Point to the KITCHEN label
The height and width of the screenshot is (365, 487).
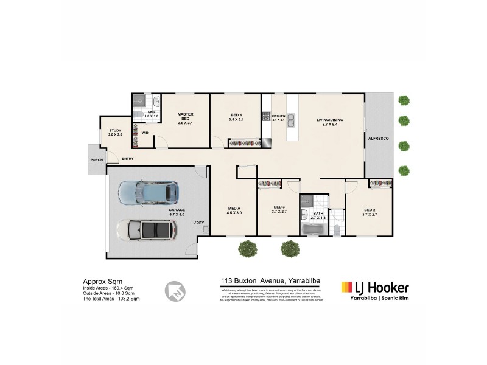278,116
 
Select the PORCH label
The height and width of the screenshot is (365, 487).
96,160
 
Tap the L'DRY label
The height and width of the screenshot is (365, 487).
198,223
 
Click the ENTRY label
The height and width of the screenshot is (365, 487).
128,159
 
